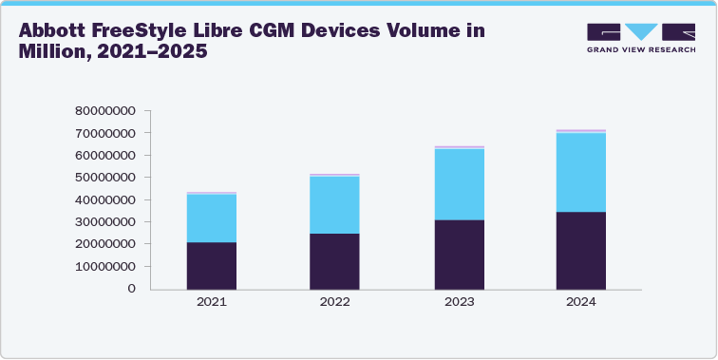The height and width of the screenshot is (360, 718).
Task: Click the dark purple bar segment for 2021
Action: click(x=211, y=265)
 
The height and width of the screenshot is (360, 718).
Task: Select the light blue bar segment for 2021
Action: click(x=211, y=218)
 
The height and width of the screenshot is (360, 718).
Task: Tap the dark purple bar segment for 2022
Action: click(x=334, y=260)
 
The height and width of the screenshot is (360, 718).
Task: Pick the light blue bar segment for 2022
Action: click(x=334, y=204)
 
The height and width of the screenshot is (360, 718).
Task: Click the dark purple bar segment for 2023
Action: click(x=459, y=254)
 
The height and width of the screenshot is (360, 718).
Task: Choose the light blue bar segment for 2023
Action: click(x=459, y=184)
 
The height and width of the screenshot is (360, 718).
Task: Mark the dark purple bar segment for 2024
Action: click(x=581, y=250)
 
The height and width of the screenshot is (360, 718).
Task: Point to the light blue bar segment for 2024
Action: click(x=581, y=172)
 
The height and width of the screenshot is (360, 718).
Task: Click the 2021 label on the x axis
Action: click(x=211, y=302)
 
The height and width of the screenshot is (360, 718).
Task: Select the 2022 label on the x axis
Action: click(x=334, y=302)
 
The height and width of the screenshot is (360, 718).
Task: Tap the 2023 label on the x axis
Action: click(x=459, y=302)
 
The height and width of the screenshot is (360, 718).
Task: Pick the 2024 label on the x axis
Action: click(x=581, y=302)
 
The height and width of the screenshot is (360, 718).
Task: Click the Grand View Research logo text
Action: click(x=641, y=49)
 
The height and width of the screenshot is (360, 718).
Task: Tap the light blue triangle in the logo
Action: click(x=641, y=31)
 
